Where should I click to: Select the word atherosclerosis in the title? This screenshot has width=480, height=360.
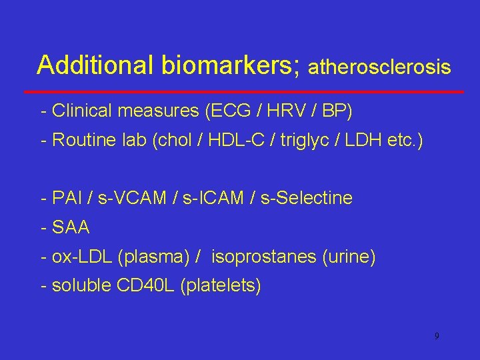pyautogui.click(x=381, y=67)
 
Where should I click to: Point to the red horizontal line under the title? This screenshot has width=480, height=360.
pyautogui.click(x=244, y=91)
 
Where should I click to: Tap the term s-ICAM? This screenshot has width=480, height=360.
pyautogui.click(x=204, y=198)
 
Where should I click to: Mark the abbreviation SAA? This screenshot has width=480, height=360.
pyautogui.click(x=71, y=227)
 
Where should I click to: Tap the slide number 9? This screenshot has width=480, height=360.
pyautogui.click(x=437, y=336)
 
